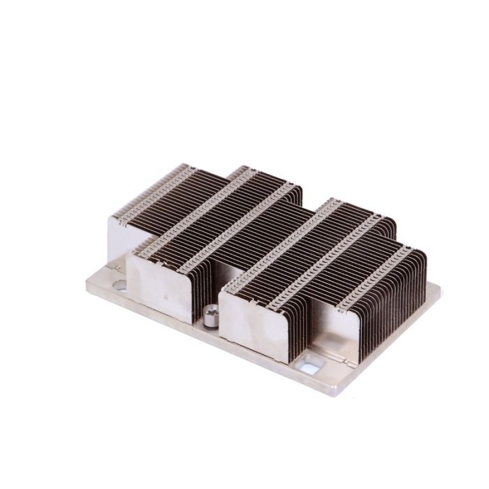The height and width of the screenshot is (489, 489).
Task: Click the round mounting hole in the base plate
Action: tap(119, 284)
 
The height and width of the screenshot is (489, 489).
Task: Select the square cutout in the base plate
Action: tap(310, 363)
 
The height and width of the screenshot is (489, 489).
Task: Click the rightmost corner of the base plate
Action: tap(440, 288)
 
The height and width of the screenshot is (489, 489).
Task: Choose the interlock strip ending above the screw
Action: tap(231, 231)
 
